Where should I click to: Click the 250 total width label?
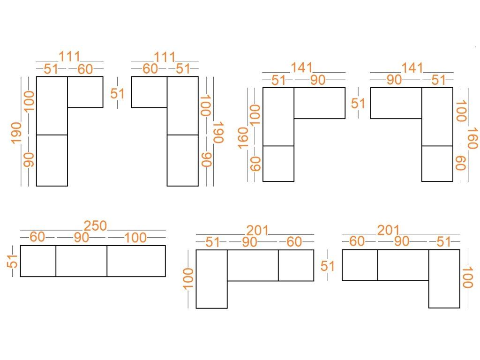click(x=95, y=226)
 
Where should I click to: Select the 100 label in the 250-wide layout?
click(x=135, y=238)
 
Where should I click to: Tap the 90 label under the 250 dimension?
click(x=82, y=238)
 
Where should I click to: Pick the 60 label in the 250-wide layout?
click(x=37, y=237)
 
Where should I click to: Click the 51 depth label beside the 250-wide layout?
click(x=13, y=261)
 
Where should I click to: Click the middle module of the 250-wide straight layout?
click(x=82, y=261)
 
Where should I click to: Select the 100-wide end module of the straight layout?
click(x=136, y=261)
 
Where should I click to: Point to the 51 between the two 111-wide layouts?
click(x=118, y=94)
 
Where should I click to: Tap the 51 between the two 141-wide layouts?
click(x=358, y=104)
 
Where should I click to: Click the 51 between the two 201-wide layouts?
click(x=328, y=266)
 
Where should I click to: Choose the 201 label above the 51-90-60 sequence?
click(x=257, y=231)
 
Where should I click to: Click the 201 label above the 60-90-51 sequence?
click(x=388, y=230)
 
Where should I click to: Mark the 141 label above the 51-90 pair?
click(x=301, y=68)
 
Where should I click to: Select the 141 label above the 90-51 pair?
click(x=412, y=68)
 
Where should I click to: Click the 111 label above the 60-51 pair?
click(x=165, y=57)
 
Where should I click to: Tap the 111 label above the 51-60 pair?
click(x=69, y=57)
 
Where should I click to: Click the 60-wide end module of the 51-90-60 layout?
click(x=296, y=265)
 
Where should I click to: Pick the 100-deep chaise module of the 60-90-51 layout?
click(x=444, y=279)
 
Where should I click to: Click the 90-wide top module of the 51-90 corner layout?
click(x=320, y=103)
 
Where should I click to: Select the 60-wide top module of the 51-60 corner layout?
click(x=85, y=92)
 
